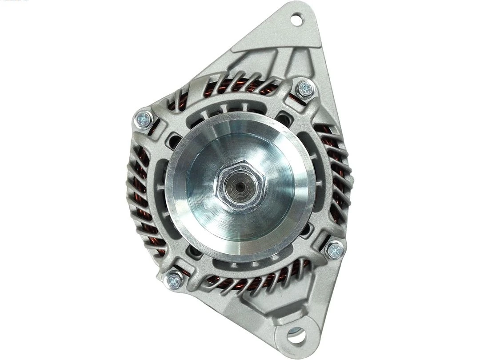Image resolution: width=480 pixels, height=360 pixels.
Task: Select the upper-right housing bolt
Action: (305, 89)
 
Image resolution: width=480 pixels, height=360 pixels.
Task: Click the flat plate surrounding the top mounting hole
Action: (284, 36)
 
